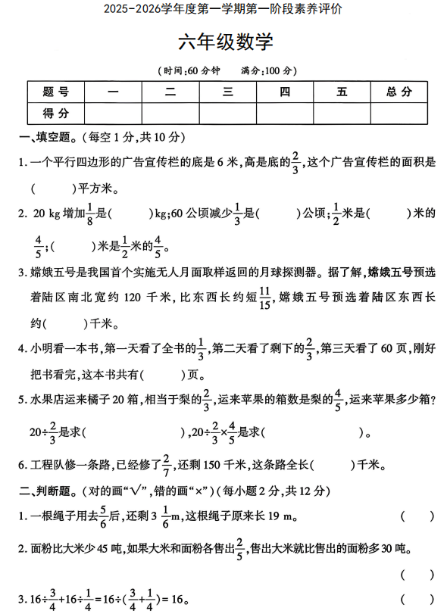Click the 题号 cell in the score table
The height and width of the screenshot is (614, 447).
[x=55, y=92]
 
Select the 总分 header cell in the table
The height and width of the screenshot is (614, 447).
[x=399, y=92]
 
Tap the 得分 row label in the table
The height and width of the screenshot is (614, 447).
[x=55, y=114]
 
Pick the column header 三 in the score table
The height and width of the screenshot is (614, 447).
[x=227, y=92]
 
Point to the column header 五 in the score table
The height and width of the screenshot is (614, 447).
[x=342, y=92]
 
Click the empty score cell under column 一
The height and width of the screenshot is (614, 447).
[x=114, y=114]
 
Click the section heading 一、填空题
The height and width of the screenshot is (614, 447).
[x=47, y=138]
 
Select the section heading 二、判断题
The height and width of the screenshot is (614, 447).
[x=47, y=491]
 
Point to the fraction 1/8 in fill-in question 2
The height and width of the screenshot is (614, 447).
[x=90, y=214]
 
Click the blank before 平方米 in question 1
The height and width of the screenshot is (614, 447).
[x=52, y=188]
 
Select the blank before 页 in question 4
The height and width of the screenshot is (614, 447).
[x=162, y=373]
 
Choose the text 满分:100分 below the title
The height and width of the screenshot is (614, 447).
[x=266, y=70]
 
